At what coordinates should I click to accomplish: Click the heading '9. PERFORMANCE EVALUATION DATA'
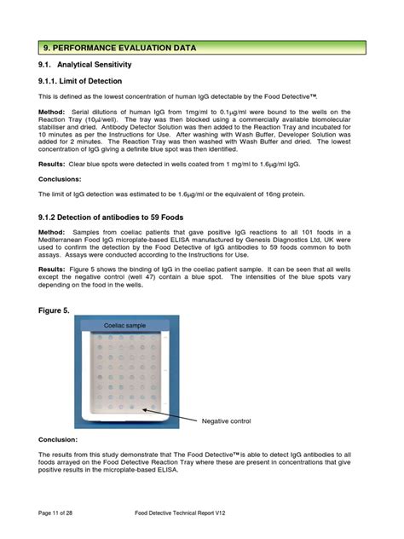[x=120, y=48]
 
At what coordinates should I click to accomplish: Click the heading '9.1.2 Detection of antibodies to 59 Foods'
[x=111, y=217]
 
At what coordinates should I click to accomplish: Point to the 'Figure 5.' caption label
[x=55, y=311]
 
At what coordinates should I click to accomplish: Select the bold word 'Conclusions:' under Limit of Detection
[x=60, y=179]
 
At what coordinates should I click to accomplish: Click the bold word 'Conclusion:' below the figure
[x=58, y=439]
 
